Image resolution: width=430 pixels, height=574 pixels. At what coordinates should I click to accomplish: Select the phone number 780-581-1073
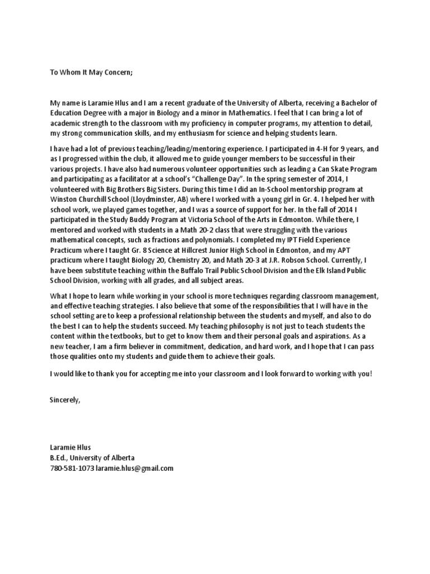pos(72,467)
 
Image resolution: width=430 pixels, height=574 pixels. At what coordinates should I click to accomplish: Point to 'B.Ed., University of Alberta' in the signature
pos(92,457)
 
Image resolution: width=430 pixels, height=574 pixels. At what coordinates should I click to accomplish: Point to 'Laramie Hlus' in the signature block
pos(69,447)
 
